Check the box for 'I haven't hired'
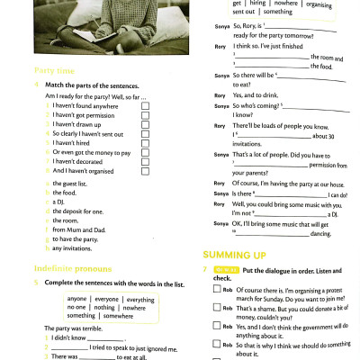[x=145, y=143]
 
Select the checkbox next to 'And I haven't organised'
[x=145, y=171]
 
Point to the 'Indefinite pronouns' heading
[x=71, y=268]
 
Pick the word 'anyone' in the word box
[x=77, y=299]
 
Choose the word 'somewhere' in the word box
[x=124, y=316]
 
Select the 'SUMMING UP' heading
[x=234, y=256]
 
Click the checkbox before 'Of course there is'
[x=217, y=290]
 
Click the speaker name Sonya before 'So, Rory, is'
[x=221, y=27]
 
